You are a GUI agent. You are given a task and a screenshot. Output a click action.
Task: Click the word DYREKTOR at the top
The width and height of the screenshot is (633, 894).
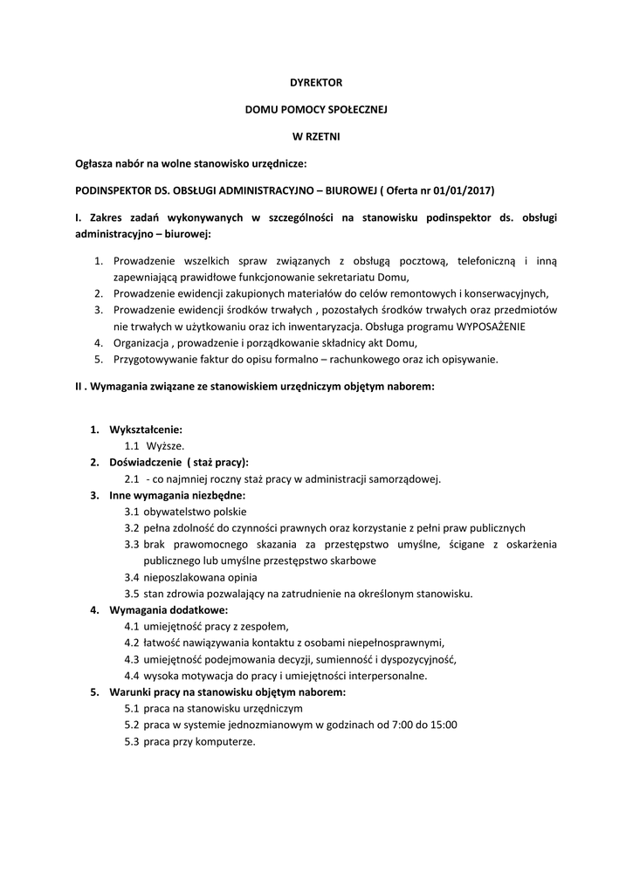pos(316,82)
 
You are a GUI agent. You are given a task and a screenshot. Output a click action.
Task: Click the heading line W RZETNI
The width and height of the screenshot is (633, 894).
pos(316,136)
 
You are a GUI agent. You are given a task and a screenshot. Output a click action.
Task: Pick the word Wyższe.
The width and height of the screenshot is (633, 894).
pos(165,446)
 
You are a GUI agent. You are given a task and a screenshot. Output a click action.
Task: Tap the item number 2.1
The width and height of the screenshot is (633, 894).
pos(132,478)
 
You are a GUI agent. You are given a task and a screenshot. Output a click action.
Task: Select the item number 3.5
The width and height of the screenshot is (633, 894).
pos(132,594)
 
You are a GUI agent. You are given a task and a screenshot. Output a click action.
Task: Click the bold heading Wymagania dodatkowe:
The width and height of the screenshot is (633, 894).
pos(169,609)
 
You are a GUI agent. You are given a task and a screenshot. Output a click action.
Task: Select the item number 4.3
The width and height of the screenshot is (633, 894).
pos(132,659)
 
